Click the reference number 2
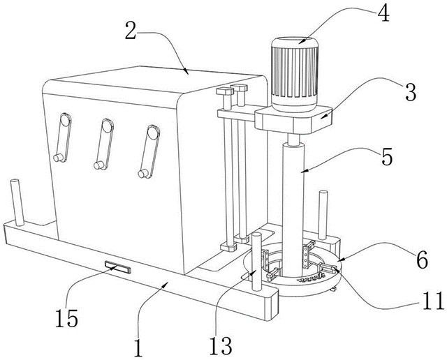pyautogui.click(x=131, y=31)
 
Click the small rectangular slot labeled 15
pyautogui.click(x=117, y=266)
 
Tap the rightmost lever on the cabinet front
pyautogui.click(x=148, y=150)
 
